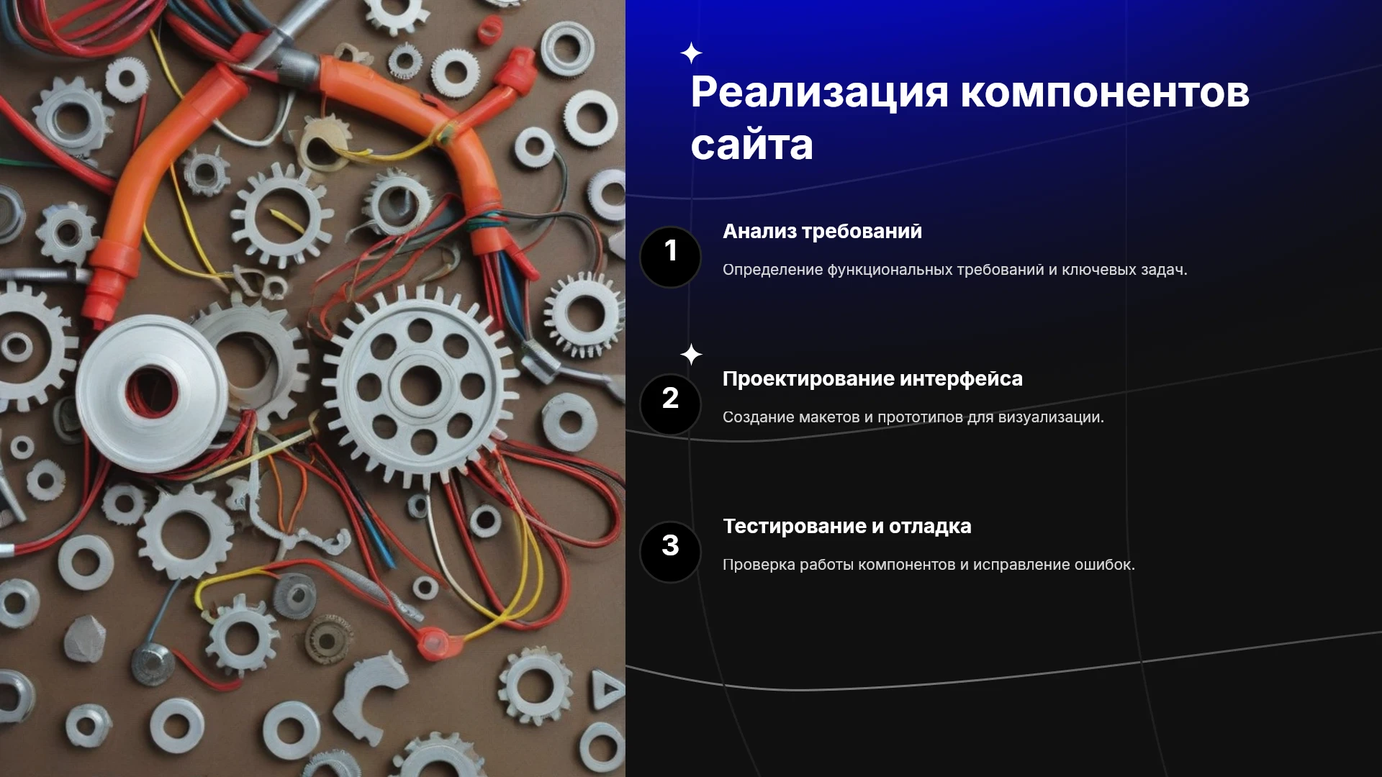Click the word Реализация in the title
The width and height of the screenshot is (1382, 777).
point(820,94)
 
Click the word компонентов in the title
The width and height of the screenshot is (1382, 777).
point(1106,94)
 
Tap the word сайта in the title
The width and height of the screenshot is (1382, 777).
point(752,145)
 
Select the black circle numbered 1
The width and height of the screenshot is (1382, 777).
point(670,257)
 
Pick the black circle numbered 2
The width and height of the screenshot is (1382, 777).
point(670,404)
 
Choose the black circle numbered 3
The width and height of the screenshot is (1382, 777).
point(670,552)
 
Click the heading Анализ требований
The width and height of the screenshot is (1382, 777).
point(822,232)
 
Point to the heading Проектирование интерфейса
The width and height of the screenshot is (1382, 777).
point(872,379)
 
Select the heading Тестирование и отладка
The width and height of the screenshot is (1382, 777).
point(847,527)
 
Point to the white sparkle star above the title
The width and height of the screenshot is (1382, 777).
point(691,53)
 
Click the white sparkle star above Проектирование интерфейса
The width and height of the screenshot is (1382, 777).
point(691,354)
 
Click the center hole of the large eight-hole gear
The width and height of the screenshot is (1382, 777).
point(420,386)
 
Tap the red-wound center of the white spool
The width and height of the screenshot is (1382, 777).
point(152,393)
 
